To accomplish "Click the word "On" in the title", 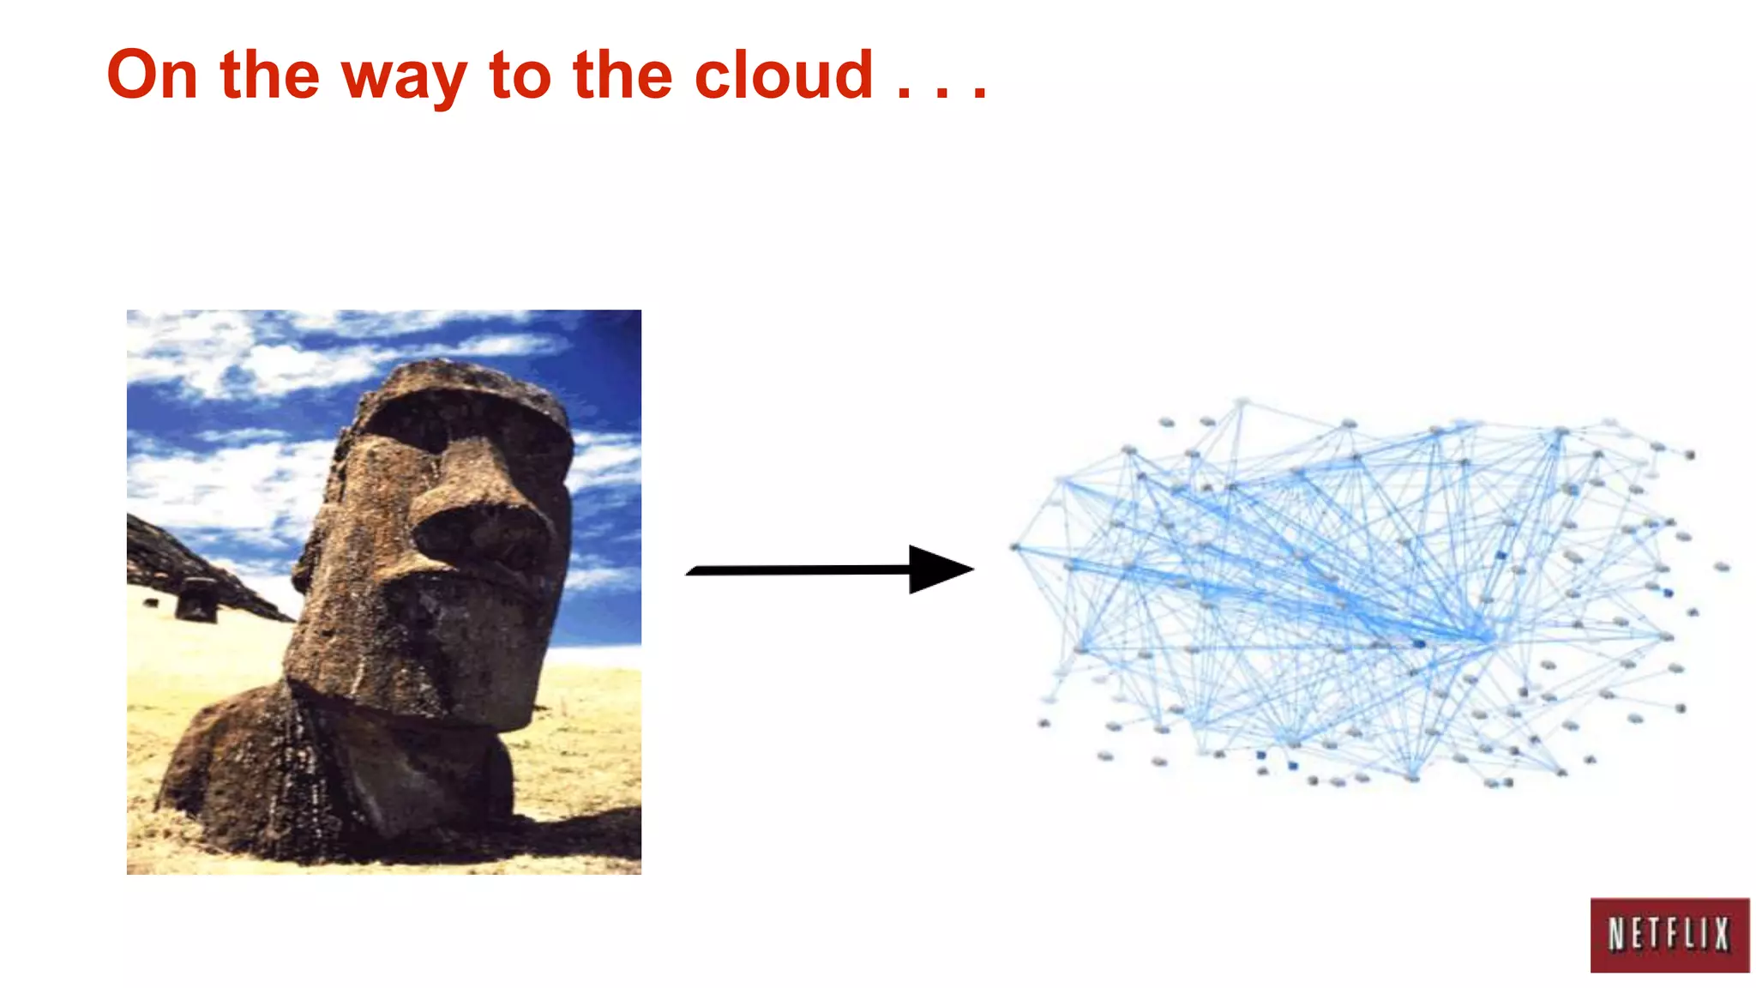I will tap(153, 75).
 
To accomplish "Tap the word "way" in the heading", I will tap(404, 77).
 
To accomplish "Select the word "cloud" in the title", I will tap(784, 75).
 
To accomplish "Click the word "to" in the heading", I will tap(520, 75).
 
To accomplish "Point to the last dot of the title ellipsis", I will tap(979, 93).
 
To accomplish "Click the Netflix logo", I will tap(1669, 935).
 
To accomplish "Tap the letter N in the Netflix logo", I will tap(1617, 935).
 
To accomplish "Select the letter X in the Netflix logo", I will tap(1721, 935).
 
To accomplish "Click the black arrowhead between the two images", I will tap(938, 569).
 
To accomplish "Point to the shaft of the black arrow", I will tap(797, 570).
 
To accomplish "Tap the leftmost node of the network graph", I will tap(1015, 546).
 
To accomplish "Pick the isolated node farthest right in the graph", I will tap(1722, 567).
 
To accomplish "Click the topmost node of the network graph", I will tap(1242, 401).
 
